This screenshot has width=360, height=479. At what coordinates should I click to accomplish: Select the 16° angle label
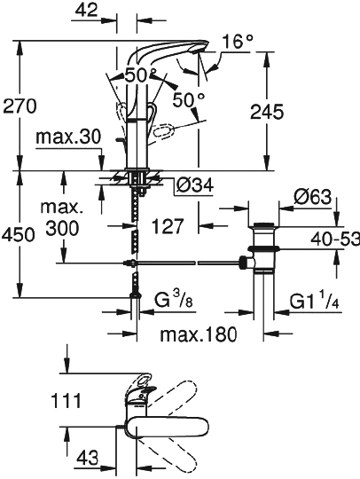pos(237,41)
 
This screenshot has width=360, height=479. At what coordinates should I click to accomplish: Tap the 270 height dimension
pos(19,106)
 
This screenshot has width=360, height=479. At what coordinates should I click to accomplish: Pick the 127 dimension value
pos(169,226)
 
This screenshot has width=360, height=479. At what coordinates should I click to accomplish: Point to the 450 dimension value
pos(19,235)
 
